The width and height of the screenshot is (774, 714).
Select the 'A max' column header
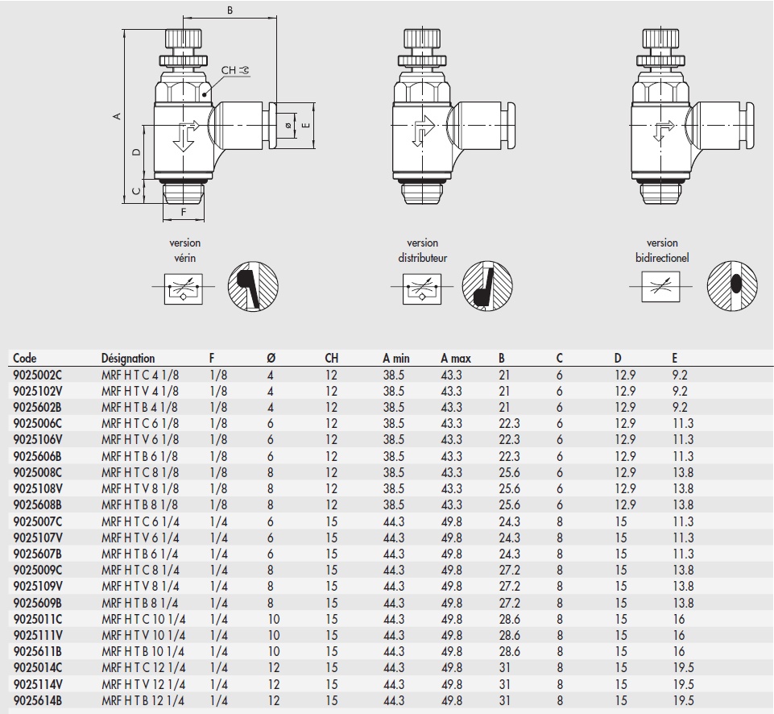pos(455,359)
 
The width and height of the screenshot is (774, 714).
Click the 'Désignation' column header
pos(128,359)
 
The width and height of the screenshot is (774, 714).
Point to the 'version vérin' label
pos(184,251)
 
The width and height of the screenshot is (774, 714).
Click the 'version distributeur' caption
pos(422,251)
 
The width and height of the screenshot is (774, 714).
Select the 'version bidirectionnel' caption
pos(661,251)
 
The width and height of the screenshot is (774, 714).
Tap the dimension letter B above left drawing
pos(230,10)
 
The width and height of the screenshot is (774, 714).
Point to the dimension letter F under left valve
pos(183,212)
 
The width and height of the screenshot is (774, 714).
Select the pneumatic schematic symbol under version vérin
pos(183,287)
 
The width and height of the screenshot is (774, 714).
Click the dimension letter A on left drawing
pos(118,116)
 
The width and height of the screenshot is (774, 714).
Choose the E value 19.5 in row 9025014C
pos(683,668)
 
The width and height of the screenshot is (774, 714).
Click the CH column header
pos(332,359)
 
